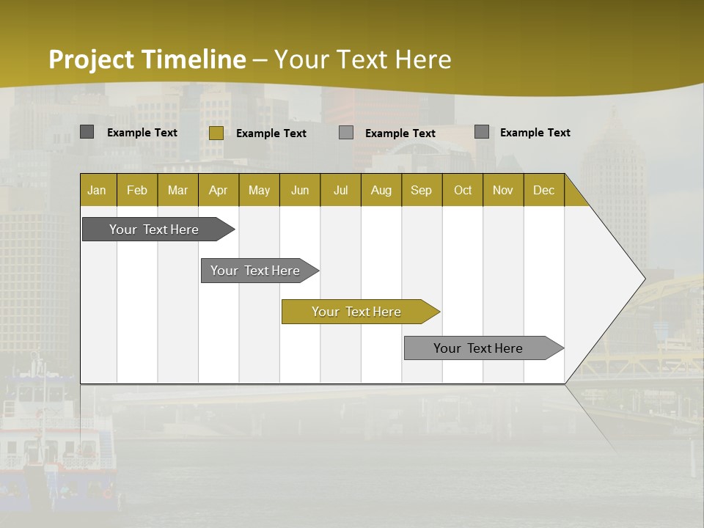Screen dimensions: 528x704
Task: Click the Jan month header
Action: tap(97, 190)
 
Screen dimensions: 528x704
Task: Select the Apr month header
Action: tap(219, 190)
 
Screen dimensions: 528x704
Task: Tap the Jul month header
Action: tap(340, 190)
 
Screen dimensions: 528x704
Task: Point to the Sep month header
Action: tap(421, 190)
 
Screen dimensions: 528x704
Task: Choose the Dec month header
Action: tap(543, 190)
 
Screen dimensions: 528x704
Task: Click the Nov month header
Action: tap(503, 190)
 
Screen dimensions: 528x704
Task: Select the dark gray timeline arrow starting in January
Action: tap(154, 230)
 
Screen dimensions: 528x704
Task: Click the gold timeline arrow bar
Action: tap(356, 312)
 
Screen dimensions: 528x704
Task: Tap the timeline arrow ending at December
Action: tap(478, 348)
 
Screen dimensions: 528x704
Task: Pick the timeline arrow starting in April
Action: tap(255, 271)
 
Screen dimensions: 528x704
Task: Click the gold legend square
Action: tap(216, 133)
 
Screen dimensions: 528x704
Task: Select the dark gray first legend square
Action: tap(87, 132)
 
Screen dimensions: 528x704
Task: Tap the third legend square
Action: tap(346, 133)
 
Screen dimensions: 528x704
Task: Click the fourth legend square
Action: tap(482, 132)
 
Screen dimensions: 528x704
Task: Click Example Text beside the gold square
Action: tap(271, 133)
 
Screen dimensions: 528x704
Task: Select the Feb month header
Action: tap(137, 190)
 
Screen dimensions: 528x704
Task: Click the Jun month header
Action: tap(300, 190)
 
